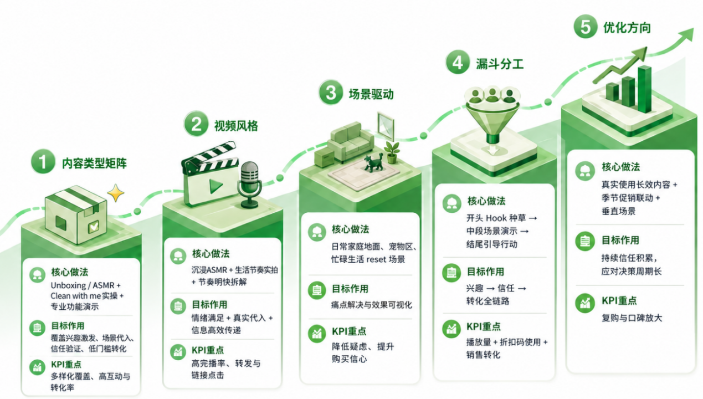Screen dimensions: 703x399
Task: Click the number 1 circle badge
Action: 43,161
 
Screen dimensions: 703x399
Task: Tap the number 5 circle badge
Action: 586,27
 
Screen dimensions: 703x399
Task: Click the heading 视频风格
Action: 236,126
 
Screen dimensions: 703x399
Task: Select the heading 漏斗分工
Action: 500,64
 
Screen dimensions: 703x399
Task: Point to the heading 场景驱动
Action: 371,94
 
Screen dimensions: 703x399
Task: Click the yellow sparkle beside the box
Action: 115,192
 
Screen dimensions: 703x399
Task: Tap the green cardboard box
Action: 76,214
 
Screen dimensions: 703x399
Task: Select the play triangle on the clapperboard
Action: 216,186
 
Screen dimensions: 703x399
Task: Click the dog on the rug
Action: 374,162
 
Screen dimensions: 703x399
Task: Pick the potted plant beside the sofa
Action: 392,152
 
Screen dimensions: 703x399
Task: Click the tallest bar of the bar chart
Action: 644,89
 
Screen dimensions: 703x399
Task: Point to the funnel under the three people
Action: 492,122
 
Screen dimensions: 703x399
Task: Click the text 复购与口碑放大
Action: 632,318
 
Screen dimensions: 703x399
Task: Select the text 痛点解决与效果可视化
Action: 372,305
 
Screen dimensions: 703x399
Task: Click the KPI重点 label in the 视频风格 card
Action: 208,350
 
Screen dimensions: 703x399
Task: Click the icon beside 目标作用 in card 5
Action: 585,241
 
